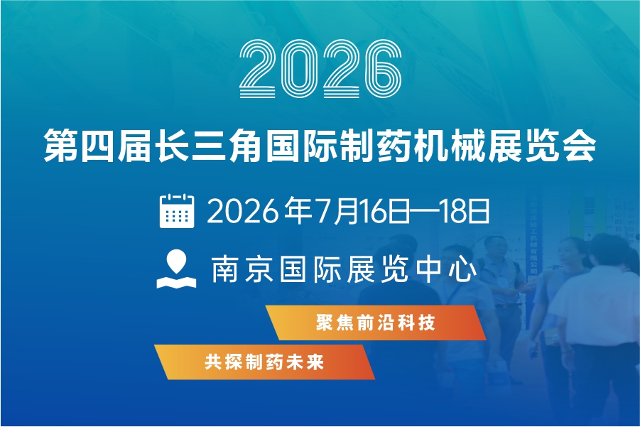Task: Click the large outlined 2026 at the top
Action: click(x=320, y=69)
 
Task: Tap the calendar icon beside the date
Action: click(x=177, y=210)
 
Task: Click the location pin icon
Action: click(x=176, y=269)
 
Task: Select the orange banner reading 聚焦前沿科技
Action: click(x=376, y=323)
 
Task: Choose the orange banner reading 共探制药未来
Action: click(x=264, y=362)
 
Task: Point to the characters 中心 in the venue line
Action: click(x=447, y=269)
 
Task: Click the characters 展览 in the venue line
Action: click(x=379, y=269)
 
